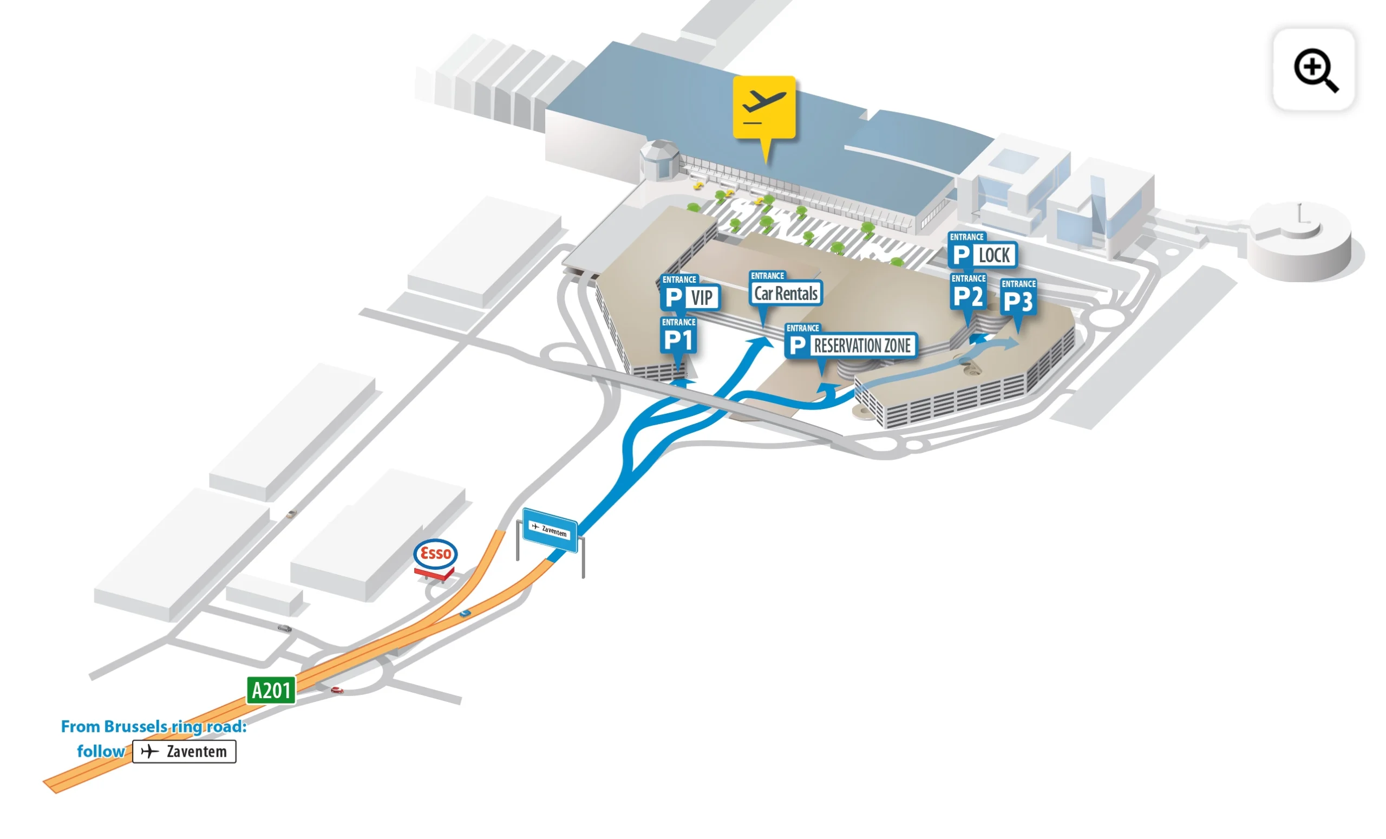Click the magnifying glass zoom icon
point(1315,70)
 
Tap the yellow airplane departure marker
point(764,107)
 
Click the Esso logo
point(435,553)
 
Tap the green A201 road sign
point(271,690)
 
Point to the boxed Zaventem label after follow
point(184,751)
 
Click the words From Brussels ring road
point(154,726)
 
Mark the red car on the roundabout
point(337,690)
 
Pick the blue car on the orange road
point(465,613)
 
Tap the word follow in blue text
point(101,751)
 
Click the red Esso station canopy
point(434,574)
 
